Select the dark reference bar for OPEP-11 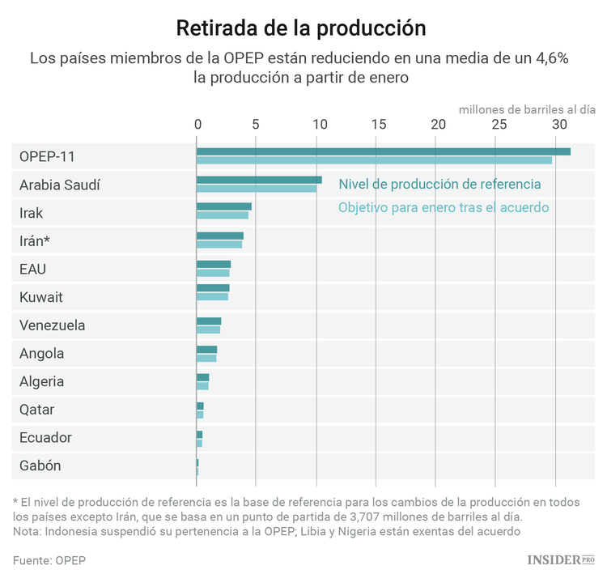(383, 151)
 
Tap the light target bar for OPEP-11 (374, 160)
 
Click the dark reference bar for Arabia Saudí (259, 180)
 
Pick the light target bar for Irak (223, 215)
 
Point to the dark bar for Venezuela (209, 321)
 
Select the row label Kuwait (40, 297)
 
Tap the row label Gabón (40, 466)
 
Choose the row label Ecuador (45, 437)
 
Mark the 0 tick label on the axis (197, 125)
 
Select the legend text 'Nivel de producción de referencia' (439, 185)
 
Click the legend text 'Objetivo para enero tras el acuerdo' (444, 207)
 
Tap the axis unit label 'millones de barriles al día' (527, 108)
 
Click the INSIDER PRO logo (560, 559)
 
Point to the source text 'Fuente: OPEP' (49, 560)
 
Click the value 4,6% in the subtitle (554, 58)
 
